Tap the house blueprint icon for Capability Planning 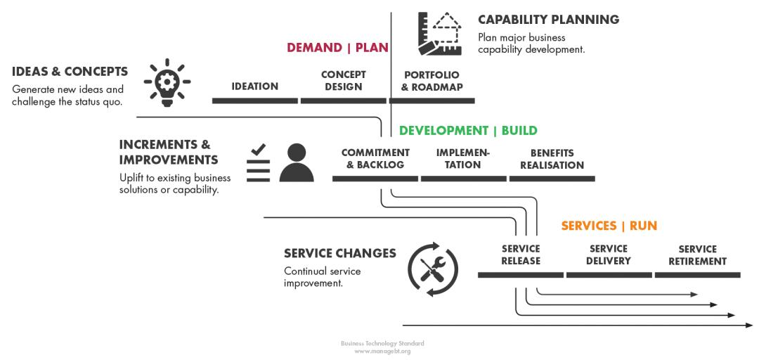[439, 33]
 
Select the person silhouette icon [297, 163]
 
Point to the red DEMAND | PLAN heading [337, 48]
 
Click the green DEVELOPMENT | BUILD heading [468, 131]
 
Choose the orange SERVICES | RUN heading [609, 226]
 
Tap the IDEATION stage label [254, 86]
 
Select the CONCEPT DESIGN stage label [344, 81]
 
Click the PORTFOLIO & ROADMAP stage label [432, 81]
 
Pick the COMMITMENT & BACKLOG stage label [375, 159]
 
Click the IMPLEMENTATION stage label [463, 159]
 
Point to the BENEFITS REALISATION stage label [552, 159]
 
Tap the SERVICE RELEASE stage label [521, 255]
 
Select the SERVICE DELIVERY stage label [609, 255]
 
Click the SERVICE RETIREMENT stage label [697, 255]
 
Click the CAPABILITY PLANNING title [548, 20]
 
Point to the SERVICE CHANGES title [340, 253]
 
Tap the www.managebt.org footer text [382, 350]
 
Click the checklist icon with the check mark [258, 164]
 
